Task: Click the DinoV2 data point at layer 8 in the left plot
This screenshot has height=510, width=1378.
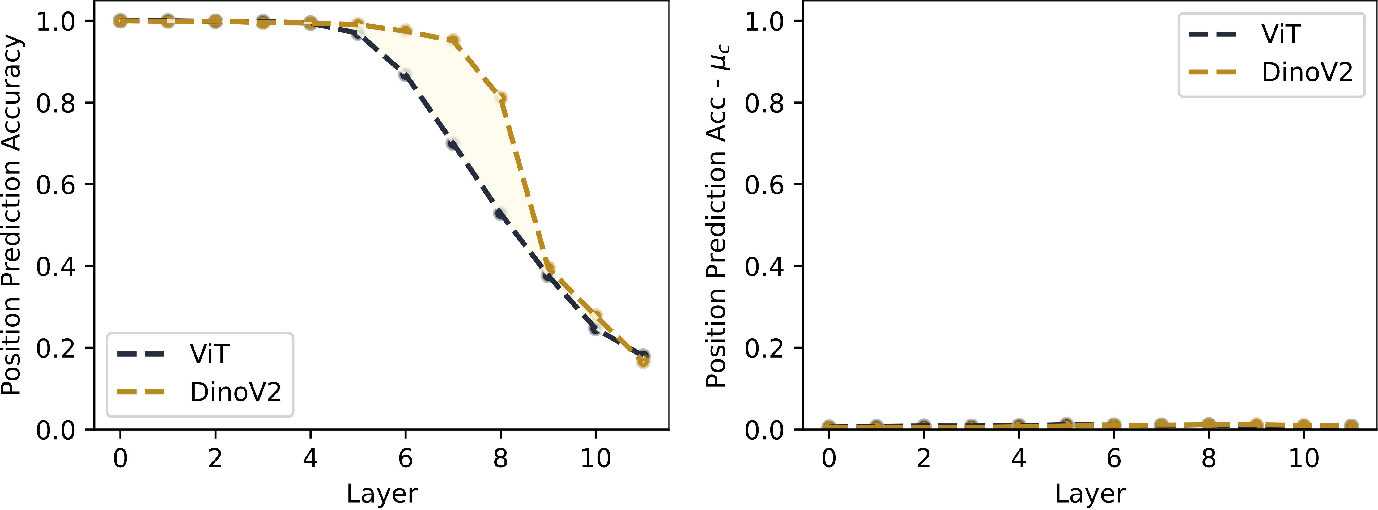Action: coord(501,98)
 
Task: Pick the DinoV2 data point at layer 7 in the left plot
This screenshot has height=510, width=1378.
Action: coord(453,40)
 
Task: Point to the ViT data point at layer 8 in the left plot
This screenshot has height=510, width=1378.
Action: coord(501,214)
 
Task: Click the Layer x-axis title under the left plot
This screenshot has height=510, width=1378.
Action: coord(381,493)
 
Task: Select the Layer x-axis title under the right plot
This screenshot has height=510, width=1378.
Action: coord(1090,493)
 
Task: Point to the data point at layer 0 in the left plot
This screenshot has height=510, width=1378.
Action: coord(120,21)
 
